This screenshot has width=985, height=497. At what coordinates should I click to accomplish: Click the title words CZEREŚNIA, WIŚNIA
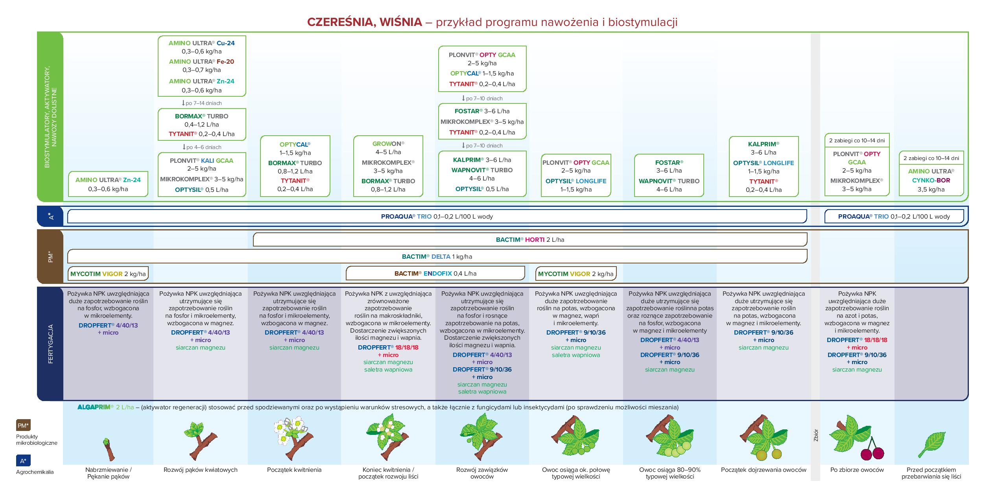(364, 22)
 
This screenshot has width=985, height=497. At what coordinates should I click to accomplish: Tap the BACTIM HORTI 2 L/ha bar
(530, 239)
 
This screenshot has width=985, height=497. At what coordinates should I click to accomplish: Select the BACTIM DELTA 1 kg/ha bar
(437, 256)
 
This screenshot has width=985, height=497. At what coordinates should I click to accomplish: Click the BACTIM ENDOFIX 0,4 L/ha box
(435, 273)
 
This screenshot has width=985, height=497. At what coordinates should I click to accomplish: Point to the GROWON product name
(388, 144)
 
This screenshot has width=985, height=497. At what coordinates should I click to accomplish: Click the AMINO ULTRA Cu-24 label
(201, 43)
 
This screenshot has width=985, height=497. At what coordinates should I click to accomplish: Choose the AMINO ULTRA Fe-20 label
(201, 62)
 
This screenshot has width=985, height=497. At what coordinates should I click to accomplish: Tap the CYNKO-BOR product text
(931, 180)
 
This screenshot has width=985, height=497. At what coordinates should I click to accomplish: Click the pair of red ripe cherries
(872, 452)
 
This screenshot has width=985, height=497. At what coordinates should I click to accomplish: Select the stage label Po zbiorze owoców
(857, 469)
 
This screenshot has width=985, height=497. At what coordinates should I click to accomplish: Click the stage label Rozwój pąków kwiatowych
(200, 469)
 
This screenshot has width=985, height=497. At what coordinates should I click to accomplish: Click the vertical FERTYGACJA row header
(50, 344)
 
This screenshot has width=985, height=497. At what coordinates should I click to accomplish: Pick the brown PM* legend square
(23, 425)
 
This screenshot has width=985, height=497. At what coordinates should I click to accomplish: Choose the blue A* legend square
(23, 460)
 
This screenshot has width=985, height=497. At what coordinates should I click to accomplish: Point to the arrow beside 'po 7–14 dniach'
(183, 103)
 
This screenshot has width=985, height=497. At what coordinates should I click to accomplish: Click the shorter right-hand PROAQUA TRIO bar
(894, 216)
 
